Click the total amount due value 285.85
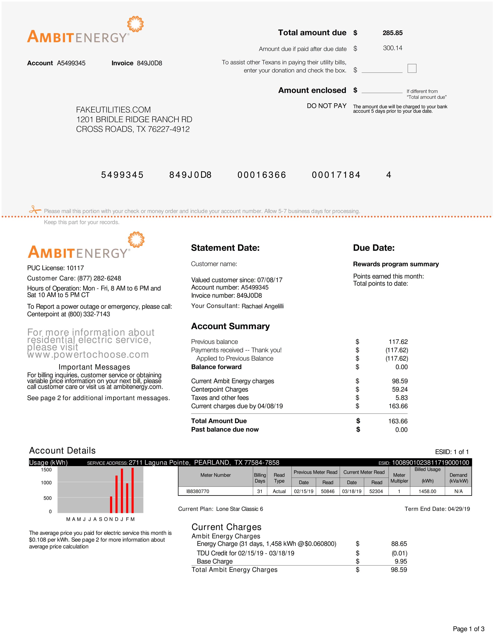(x=393, y=33)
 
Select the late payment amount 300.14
(x=393, y=48)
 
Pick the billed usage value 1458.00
(x=427, y=491)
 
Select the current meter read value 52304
(x=376, y=491)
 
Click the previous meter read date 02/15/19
(x=303, y=491)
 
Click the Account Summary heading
(x=230, y=326)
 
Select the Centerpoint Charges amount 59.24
(x=400, y=389)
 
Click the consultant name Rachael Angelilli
(x=262, y=306)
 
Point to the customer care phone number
(x=99, y=278)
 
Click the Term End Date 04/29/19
(x=459, y=509)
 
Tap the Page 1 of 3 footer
(x=468, y=629)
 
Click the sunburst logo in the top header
(x=135, y=24)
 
